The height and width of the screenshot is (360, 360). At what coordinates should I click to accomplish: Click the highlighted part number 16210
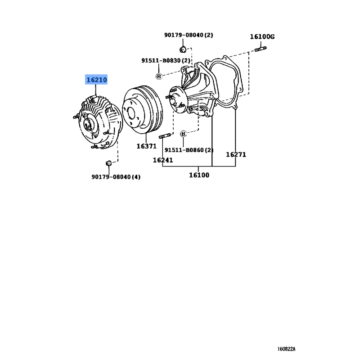pyautogui.click(x=96, y=80)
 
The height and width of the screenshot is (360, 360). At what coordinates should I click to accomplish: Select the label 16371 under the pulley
pyautogui.click(x=147, y=146)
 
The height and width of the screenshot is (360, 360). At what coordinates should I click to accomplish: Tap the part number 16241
pyautogui.click(x=163, y=160)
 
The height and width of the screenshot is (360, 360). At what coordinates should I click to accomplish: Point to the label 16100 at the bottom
pyautogui.click(x=199, y=175)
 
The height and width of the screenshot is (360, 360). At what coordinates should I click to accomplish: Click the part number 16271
pyautogui.click(x=236, y=154)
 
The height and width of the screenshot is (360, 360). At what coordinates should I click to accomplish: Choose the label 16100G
pyautogui.click(x=262, y=36)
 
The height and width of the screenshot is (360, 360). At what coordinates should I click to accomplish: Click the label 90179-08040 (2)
pyautogui.click(x=189, y=35)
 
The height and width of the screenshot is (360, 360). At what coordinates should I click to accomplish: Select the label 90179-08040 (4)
pyautogui.click(x=116, y=177)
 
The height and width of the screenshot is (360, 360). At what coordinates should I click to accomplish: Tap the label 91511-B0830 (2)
pyautogui.click(x=166, y=61)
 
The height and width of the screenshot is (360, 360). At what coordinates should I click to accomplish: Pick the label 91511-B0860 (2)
pyautogui.click(x=189, y=150)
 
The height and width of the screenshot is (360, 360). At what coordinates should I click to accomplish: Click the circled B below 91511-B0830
pyautogui.click(x=159, y=76)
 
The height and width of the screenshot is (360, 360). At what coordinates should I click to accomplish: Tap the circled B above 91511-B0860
pyautogui.click(x=183, y=134)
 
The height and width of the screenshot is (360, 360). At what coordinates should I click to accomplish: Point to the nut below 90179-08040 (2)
pyautogui.click(x=183, y=49)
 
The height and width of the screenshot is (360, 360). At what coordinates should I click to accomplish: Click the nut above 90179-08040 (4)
pyautogui.click(x=108, y=163)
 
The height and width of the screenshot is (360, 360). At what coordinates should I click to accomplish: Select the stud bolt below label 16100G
pyautogui.click(x=261, y=49)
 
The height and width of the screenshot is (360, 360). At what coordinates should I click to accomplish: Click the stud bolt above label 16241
pyautogui.click(x=165, y=136)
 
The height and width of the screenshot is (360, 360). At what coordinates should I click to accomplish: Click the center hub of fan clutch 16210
pyautogui.click(x=88, y=125)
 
